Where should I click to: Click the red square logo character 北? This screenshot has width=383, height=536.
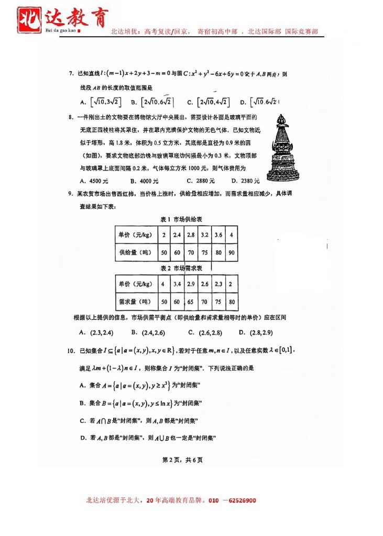coord(27,19)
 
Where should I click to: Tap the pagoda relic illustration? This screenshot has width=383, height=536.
coord(283,149)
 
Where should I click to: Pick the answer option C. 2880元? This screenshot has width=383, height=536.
coord(201,181)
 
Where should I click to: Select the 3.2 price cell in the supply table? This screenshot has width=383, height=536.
coord(204,235)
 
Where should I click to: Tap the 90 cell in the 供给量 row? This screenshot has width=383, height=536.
coord(231,252)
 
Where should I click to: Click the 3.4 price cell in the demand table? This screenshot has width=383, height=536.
coord(177,284)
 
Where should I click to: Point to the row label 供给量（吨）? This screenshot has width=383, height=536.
coord(135,252)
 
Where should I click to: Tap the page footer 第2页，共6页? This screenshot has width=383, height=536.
coord(182,460)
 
